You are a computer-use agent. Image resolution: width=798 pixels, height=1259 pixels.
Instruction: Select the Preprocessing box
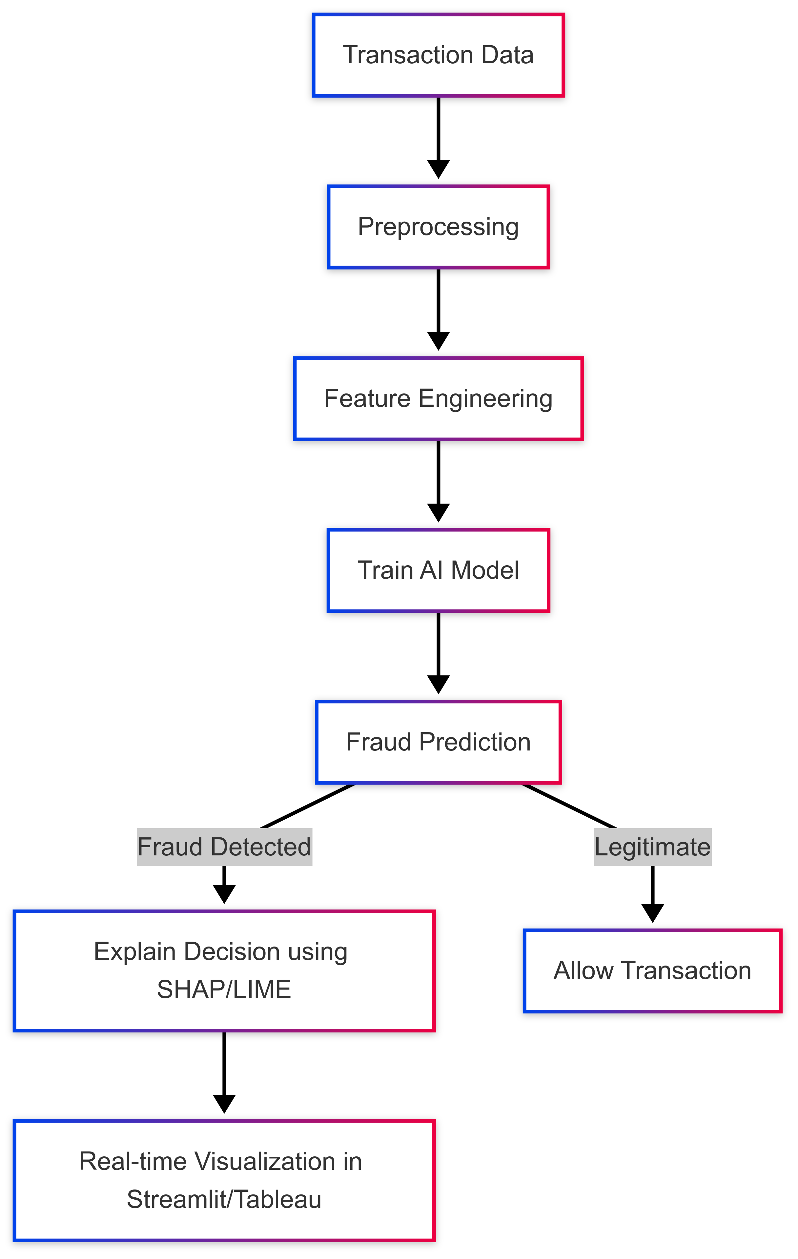click(x=438, y=227)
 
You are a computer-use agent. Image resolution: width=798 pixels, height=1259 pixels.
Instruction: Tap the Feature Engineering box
click(x=438, y=398)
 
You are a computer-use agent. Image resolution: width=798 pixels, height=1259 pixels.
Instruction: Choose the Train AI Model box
click(x=438, y=570)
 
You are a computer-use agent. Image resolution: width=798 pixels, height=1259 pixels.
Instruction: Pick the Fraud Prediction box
click(x=438, y=742)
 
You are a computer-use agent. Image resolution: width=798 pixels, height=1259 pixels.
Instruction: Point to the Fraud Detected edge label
click(x=224, y=847)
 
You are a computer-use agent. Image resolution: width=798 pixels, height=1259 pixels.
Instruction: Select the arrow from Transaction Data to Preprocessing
click(x=438, y=136)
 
